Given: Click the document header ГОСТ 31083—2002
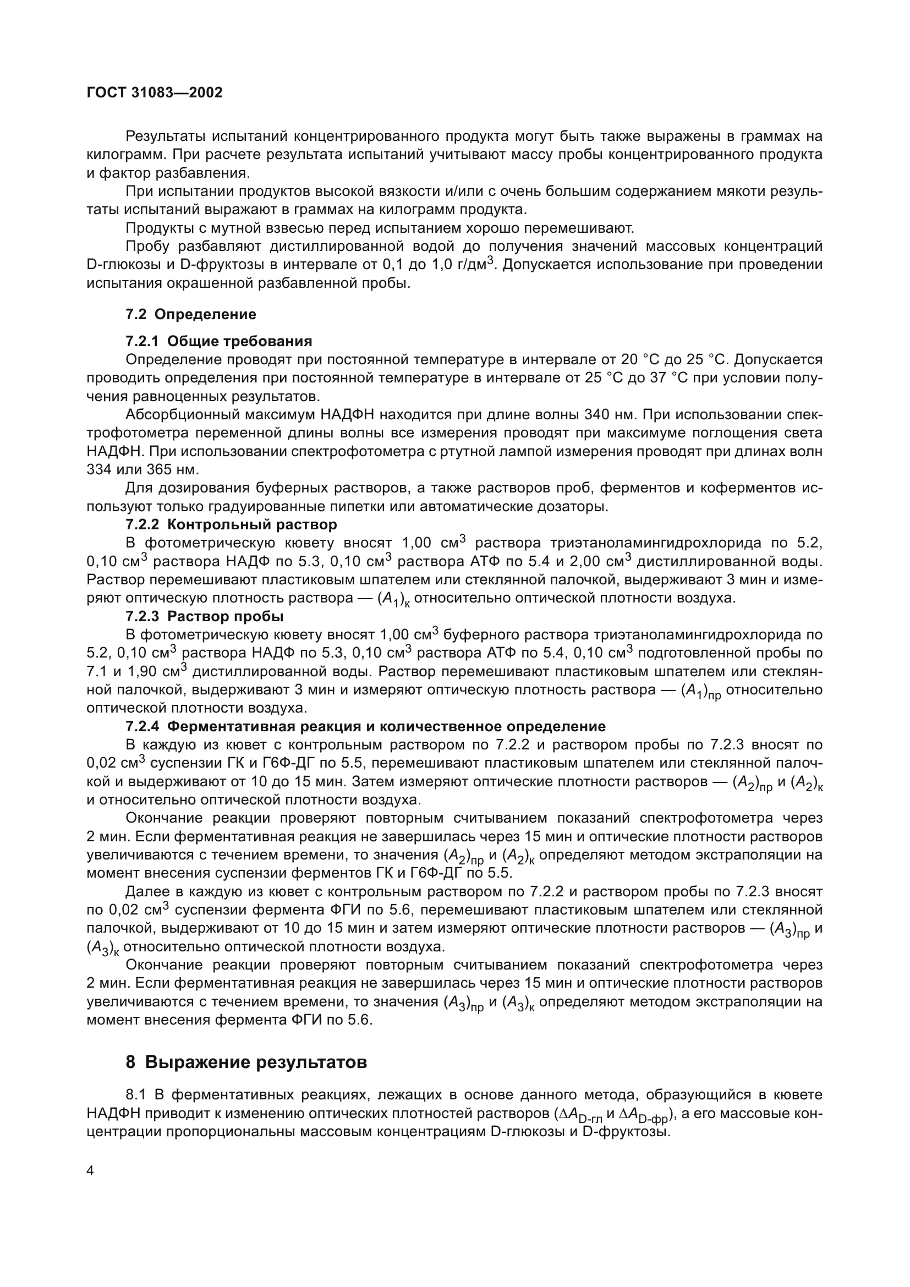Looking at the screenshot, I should (155, 92).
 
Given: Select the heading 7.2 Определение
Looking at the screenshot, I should (190, 315).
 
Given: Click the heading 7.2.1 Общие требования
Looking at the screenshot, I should (218, 341).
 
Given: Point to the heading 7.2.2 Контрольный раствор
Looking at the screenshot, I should (231, 525).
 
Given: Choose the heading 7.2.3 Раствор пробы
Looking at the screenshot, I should (204, 617).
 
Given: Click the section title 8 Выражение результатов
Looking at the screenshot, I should (246, 1061).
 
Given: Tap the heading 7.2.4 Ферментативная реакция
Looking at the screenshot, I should (365, 726).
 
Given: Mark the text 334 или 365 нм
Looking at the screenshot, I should (143, 470).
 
